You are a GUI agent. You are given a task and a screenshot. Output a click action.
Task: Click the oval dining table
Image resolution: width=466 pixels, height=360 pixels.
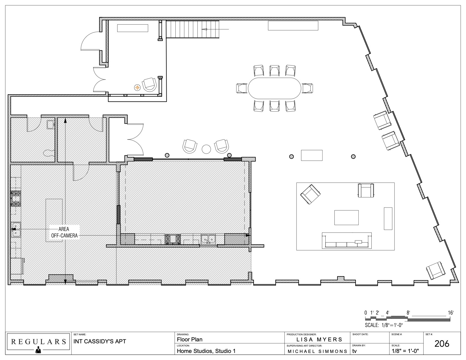pos(275,88)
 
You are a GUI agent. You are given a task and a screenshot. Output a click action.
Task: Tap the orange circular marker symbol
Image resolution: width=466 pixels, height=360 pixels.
pos(137,88)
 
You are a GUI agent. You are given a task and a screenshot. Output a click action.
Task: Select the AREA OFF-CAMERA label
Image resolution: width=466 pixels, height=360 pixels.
pos(64,232)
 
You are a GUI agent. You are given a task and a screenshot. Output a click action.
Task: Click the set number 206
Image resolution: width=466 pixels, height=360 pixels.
pos(442,344)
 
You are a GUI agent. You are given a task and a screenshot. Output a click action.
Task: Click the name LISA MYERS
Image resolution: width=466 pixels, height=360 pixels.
pos(319,339)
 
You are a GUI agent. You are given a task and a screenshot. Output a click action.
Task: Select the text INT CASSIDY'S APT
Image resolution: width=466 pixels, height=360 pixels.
pos(100,341)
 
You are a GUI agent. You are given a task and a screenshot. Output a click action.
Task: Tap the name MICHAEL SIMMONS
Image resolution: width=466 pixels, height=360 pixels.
pos(317,352)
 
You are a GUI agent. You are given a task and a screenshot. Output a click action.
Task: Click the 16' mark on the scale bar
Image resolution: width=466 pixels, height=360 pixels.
pos(451,313)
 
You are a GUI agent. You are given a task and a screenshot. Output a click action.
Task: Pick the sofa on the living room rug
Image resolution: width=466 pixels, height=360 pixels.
pos(347,241)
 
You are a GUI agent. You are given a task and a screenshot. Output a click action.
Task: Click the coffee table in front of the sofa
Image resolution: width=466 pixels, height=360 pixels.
pos(346,217)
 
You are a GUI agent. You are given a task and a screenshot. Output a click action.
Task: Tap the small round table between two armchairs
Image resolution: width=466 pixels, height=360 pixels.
pos(206,149)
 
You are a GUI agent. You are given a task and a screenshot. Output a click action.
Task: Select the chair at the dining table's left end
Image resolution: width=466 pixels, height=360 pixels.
pos(242,88)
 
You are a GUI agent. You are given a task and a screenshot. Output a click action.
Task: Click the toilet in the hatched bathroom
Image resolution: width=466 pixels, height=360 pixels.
pos(49,152)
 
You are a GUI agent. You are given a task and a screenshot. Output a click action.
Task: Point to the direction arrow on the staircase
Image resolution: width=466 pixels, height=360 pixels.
pos(215,29)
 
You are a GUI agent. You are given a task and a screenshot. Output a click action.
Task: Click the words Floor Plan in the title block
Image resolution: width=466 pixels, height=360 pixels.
pos(190,340)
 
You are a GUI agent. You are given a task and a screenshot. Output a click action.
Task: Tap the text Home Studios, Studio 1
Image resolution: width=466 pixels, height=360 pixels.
pos(206,351)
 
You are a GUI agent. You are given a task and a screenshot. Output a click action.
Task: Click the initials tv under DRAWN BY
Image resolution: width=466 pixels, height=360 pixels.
pos(354,351)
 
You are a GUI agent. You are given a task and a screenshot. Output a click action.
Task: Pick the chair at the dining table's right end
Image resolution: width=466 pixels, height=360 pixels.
pos(307,88)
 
